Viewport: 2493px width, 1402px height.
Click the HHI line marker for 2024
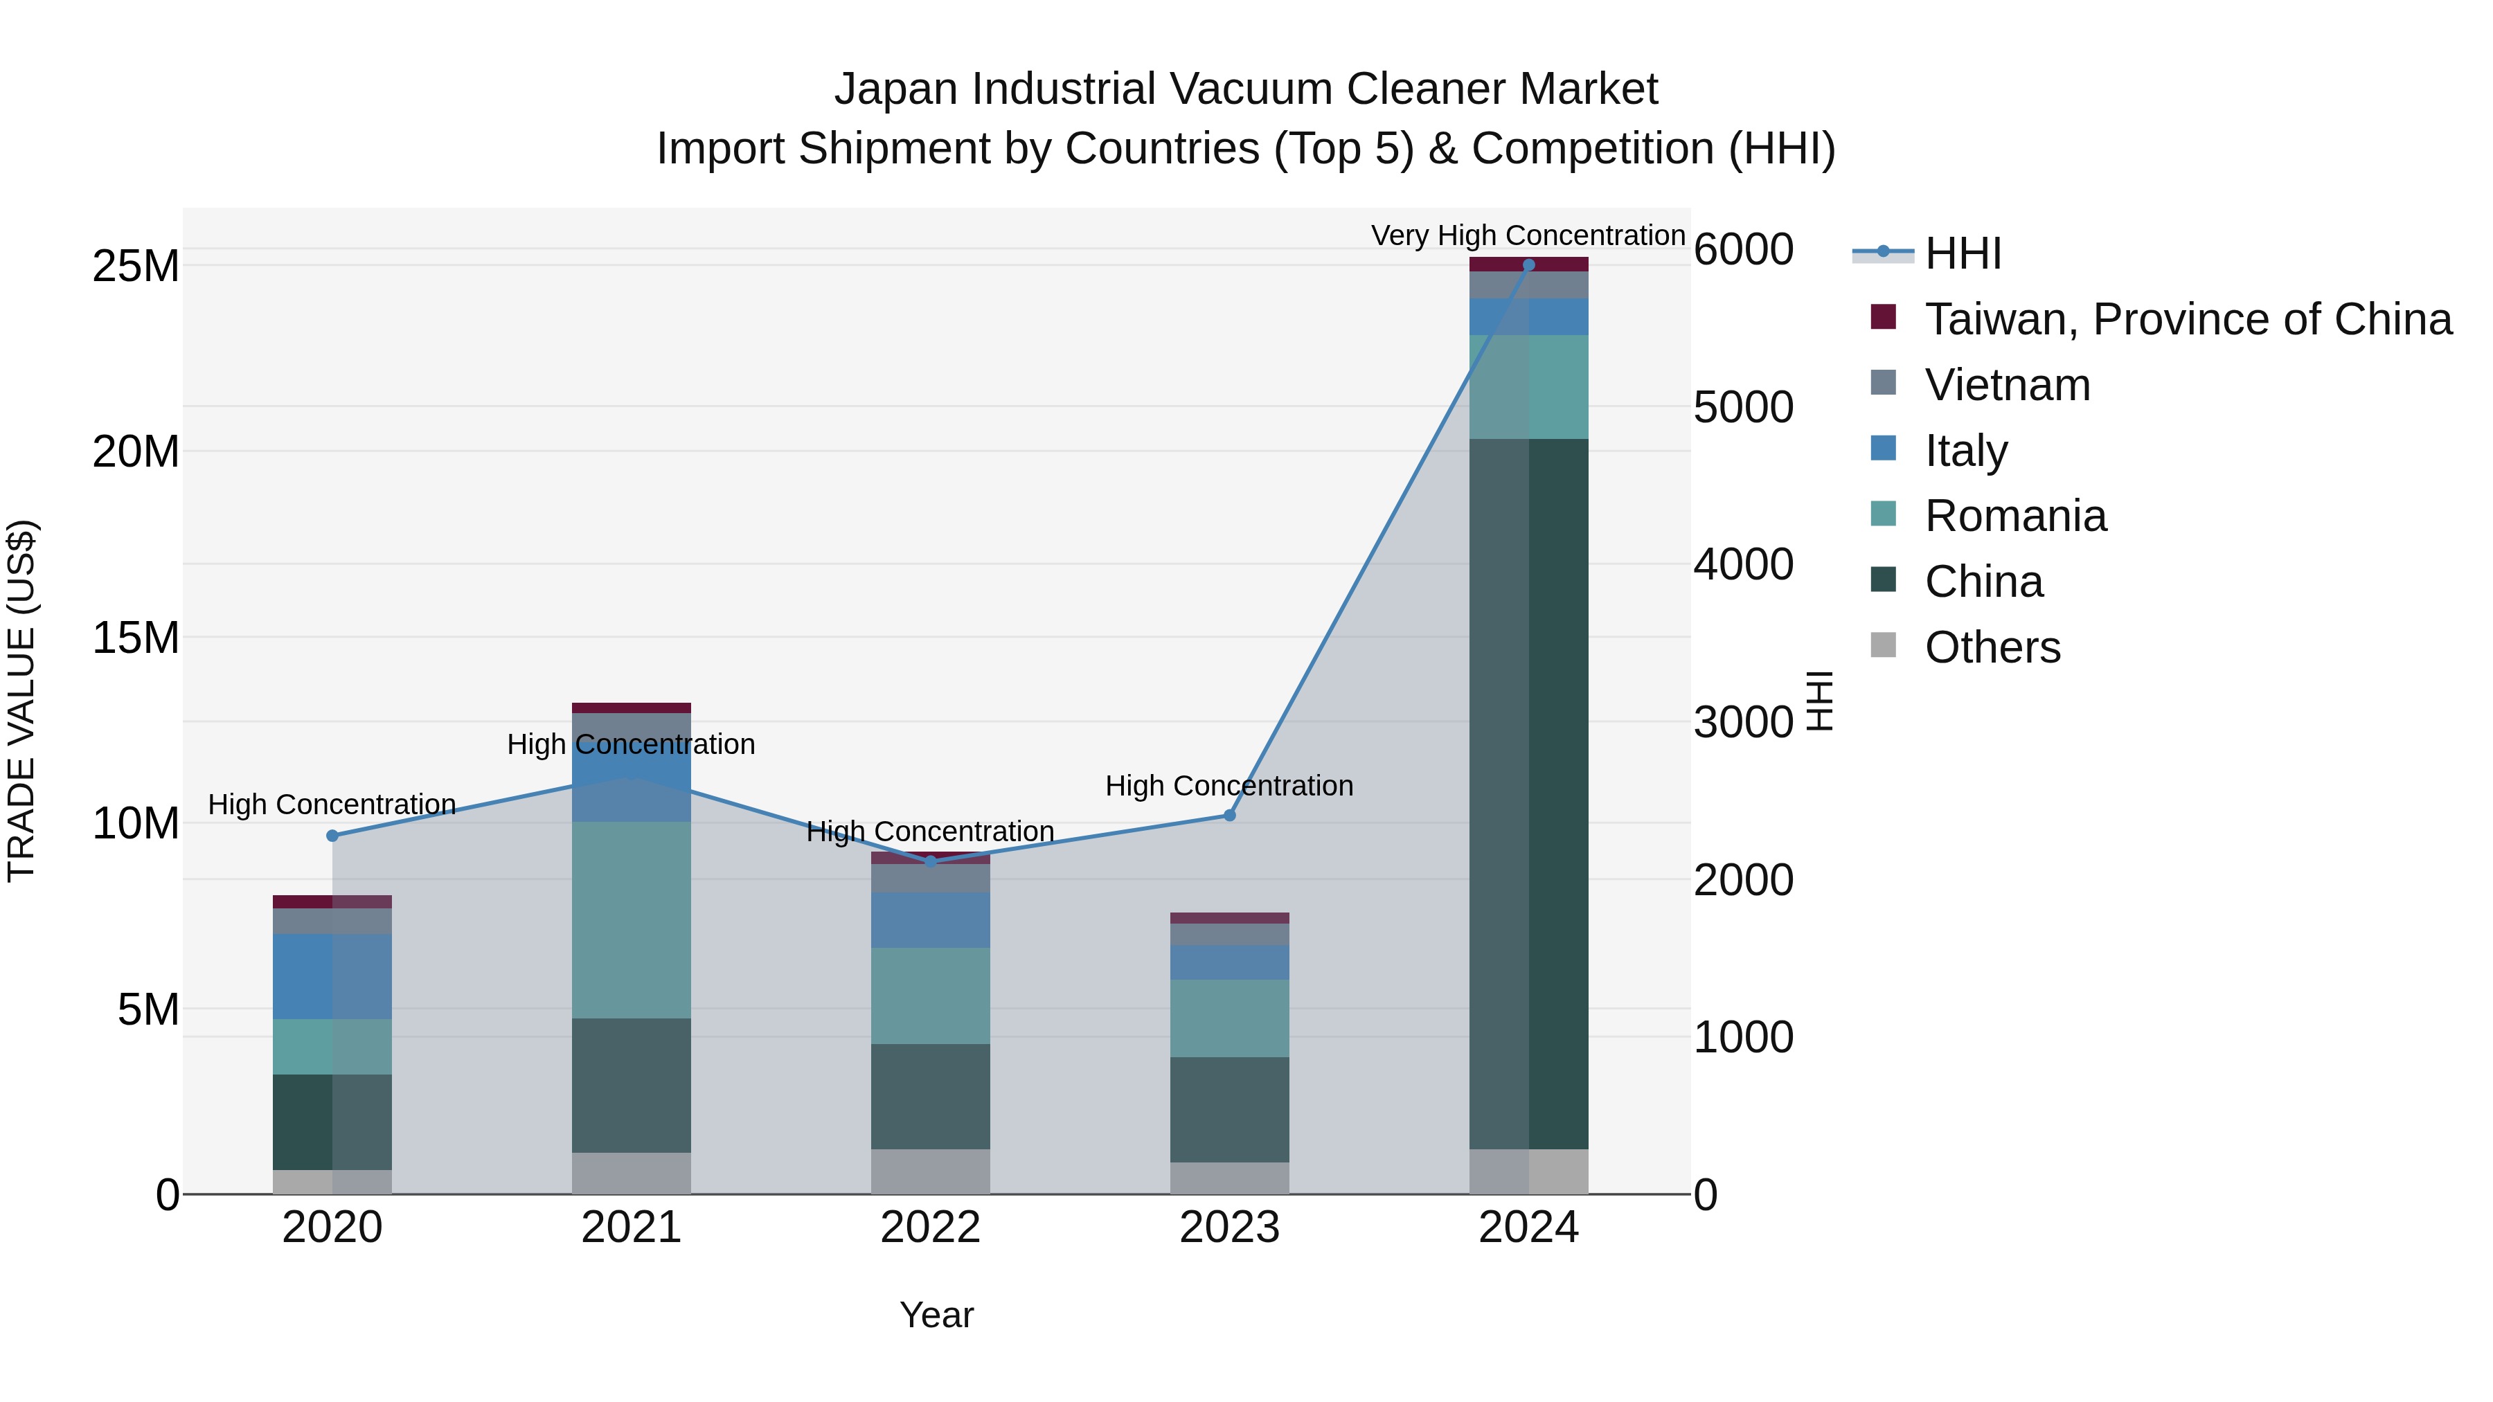coord(1528,265)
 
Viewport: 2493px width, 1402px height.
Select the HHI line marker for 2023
coord(1229,816)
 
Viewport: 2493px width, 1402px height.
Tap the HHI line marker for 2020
coord(332,836)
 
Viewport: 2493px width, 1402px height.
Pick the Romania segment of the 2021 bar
coord(631,919)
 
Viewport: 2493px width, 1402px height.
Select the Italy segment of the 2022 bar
coord(930,920)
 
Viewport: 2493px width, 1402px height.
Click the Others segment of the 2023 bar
coord(1229,1178)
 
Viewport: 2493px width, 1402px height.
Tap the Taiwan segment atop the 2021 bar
coord(631,708)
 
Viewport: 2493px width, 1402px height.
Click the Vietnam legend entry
coord(2007,385)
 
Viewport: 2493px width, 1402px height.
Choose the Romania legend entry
coord(2015,516)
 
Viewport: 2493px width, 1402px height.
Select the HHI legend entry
coord(1963,253)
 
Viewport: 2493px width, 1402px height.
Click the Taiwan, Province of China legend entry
coord(2187,319)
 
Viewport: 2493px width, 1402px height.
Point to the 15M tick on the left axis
coord(136,638)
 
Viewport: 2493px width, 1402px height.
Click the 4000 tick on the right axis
coord(1743,565)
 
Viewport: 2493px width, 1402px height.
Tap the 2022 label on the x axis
coord(930,1228)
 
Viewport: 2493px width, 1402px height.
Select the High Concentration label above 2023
coord(1229,786)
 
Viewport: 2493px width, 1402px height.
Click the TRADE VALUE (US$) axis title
coord(21,701)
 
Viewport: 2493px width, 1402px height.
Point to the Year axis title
coord(936,1315)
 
